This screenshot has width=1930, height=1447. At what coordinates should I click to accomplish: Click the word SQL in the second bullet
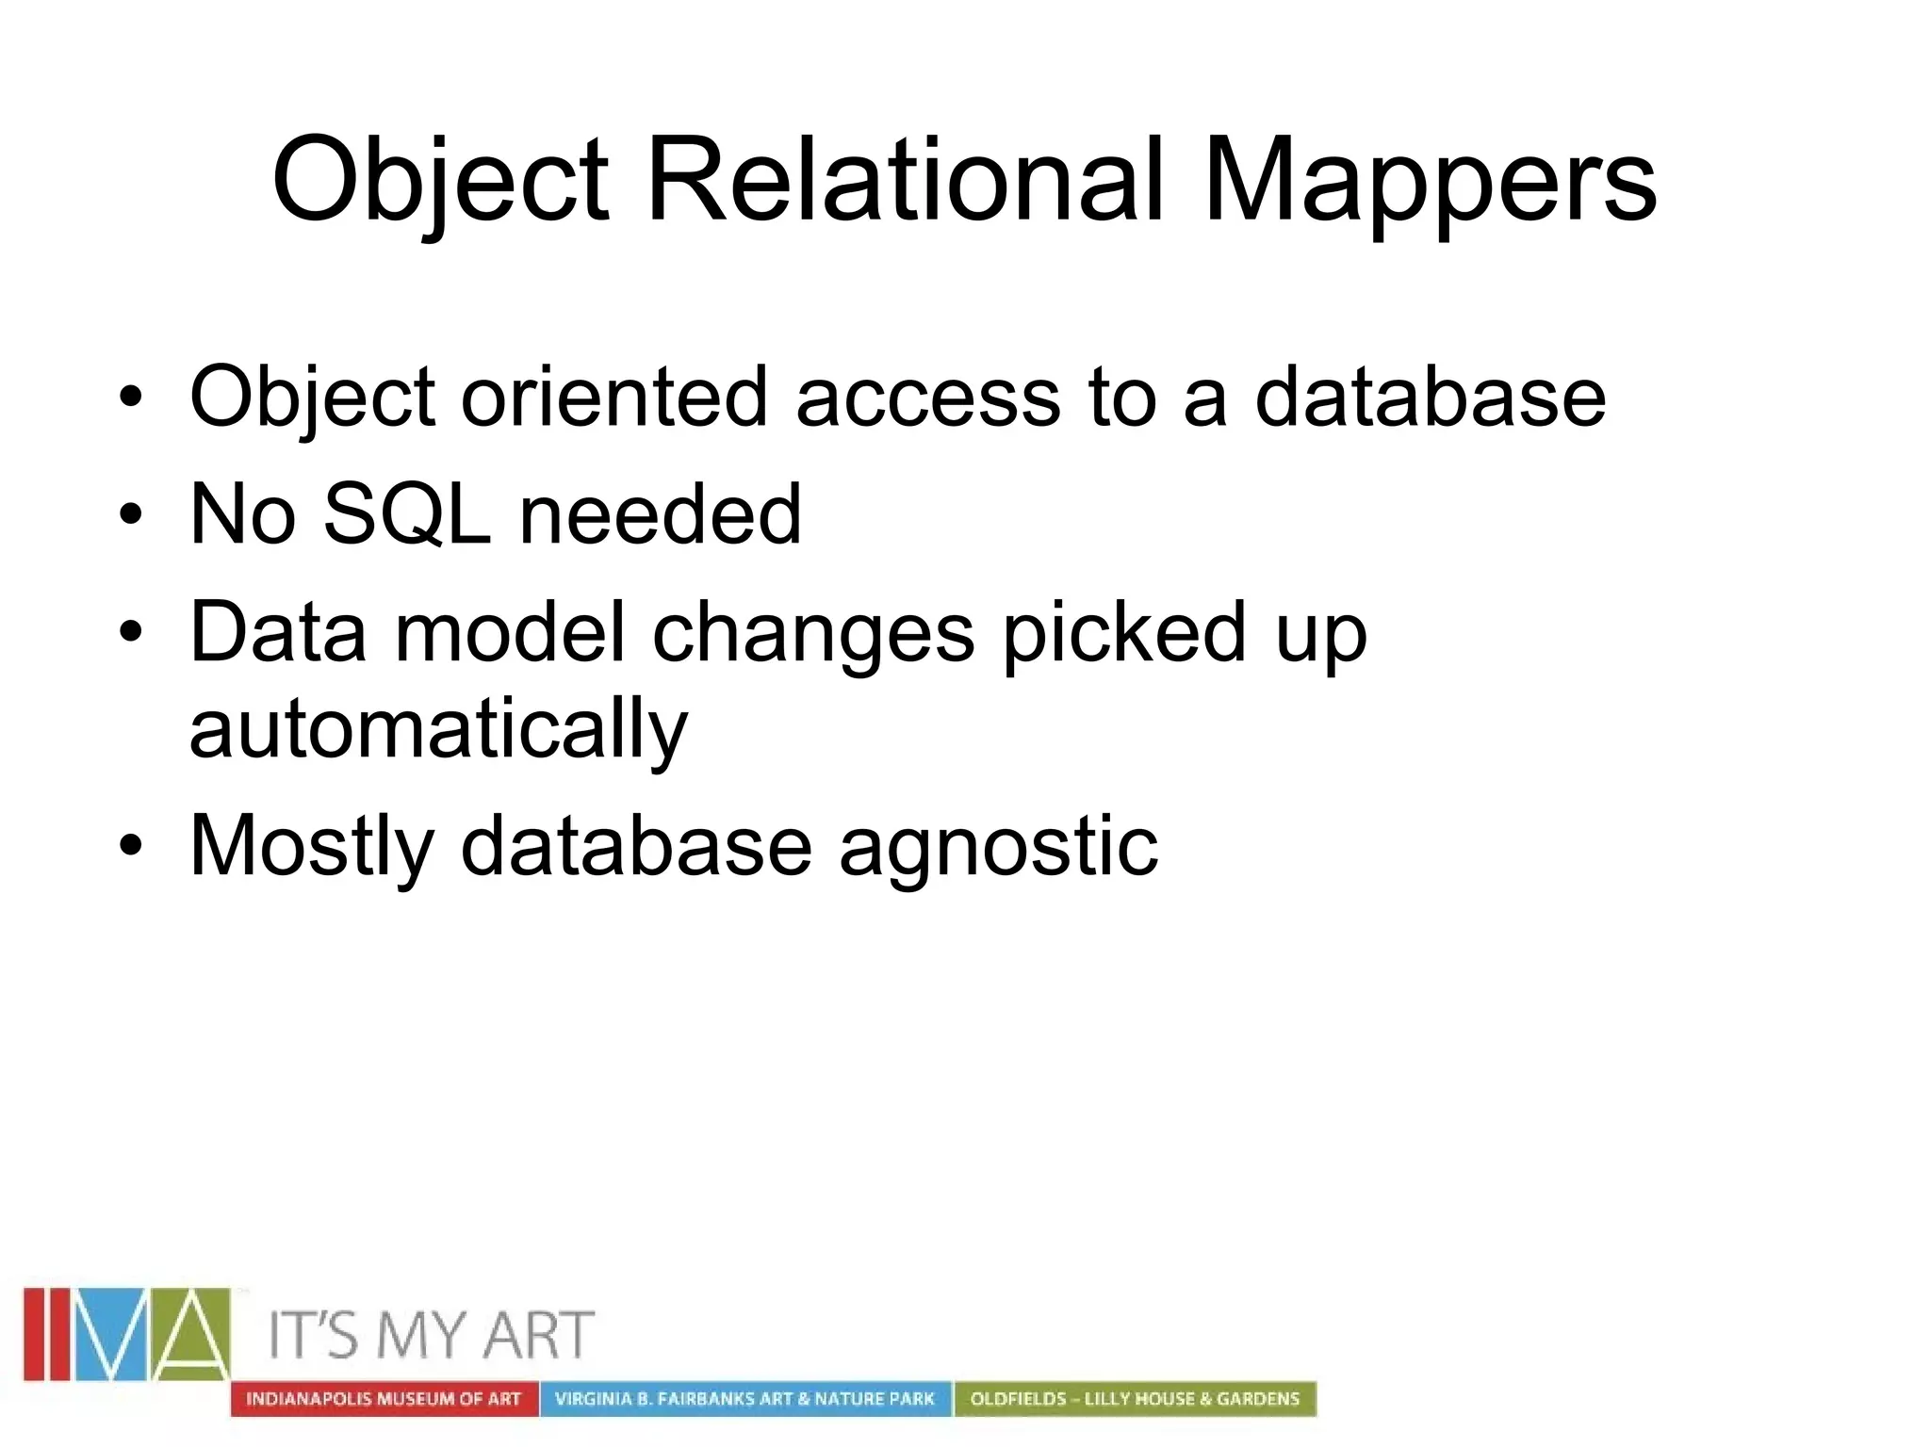coord(406,514)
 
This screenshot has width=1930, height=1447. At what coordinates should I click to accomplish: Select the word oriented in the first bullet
coord(613,397)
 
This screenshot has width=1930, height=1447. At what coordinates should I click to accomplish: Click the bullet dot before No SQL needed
coord(131,514)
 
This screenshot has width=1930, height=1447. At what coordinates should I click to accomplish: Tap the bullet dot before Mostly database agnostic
coord(131,845)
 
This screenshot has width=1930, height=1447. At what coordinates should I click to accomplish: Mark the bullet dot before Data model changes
coord(131,631)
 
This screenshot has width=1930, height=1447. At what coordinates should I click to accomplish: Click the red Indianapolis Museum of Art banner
coord(384,1399)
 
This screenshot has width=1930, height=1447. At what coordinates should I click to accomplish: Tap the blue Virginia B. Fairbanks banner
coord(744,1399)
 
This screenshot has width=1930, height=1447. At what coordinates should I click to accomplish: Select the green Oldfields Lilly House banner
coord(1135,1399)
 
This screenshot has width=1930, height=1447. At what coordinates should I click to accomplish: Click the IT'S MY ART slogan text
coord(432,1335)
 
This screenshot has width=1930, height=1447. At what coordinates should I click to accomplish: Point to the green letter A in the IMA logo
coord(193,1334)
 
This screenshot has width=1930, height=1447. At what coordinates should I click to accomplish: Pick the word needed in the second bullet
coord(660,514)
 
